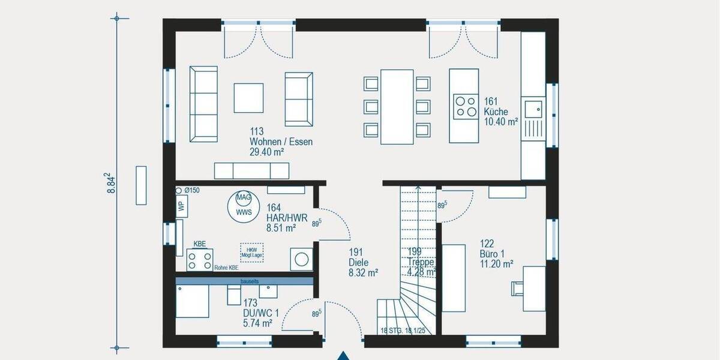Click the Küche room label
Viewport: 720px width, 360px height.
point(496,112)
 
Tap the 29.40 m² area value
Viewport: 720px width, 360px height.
point(266,152)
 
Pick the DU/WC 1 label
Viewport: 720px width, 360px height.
point(261,313)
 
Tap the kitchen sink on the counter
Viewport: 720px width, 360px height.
point(532,110)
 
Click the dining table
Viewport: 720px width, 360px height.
point(397,107)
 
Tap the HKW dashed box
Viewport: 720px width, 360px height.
point(251,251)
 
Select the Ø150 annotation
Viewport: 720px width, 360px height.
point(191,190)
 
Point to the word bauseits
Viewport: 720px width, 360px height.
point(250,280)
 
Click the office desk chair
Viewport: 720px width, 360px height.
point(516,289)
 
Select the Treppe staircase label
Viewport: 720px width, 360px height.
point(421,263)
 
